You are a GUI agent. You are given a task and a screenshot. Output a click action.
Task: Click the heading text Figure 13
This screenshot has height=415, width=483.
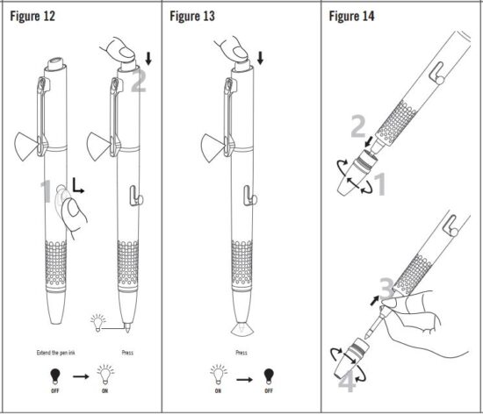click(x=194, y=16)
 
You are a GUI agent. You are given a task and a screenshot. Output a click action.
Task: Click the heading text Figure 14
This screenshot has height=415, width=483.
click(x=355, y=16)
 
